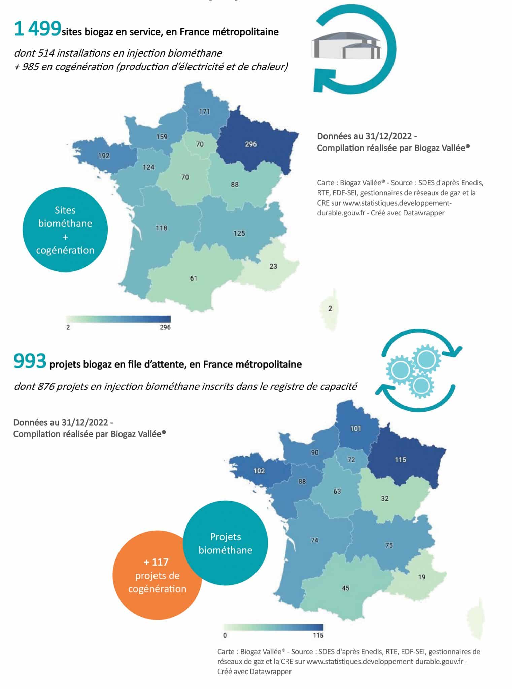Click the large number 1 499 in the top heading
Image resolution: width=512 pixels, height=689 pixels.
point(37,29)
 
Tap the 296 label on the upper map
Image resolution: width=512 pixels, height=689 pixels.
point(251,144)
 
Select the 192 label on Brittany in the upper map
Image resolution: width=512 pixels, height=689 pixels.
point(104,156)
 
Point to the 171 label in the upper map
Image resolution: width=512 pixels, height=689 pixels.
point(204,112)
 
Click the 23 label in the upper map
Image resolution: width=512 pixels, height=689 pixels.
point(273,266)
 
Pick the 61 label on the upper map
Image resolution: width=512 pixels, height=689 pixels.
point(194,278)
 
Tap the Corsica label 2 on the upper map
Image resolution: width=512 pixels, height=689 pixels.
point(330,309)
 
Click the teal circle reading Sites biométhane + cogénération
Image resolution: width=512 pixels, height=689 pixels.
point(65,230)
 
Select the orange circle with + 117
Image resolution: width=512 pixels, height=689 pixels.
point(157,575)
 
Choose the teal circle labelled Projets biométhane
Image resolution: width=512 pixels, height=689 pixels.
point(225,543)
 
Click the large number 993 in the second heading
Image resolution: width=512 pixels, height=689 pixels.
point(30,362)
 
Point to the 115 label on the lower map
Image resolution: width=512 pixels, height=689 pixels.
point(400,460)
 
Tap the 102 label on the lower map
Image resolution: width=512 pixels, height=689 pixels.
point(259,471)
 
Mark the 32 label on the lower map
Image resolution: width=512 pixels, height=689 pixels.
point(385,499)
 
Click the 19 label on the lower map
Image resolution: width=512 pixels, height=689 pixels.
point(422,577)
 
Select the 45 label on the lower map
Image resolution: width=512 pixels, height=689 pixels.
point(345,588)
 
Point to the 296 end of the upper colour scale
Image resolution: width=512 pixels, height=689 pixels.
point(165,327)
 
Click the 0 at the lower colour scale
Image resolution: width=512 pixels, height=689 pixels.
point(225,635)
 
